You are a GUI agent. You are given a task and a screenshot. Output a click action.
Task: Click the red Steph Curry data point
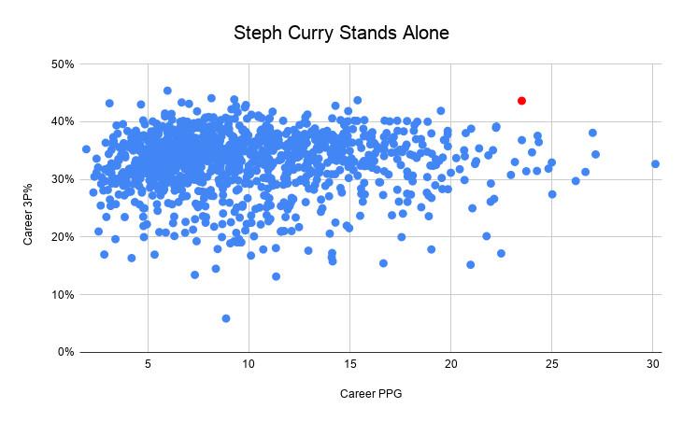coord(521,100)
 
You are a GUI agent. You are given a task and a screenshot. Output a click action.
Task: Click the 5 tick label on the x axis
coord(148,364)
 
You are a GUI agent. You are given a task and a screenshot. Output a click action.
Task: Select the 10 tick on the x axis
coord(249,364)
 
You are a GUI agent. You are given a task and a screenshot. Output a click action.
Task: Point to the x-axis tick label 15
coord(349,364)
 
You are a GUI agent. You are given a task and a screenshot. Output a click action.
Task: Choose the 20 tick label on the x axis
coord(451,364)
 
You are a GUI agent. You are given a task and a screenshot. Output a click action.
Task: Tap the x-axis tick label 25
coord(552,364)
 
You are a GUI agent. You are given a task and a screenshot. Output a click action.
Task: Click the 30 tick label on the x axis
coord(653,364)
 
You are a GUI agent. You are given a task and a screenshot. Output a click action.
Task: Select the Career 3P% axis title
coord(27,207)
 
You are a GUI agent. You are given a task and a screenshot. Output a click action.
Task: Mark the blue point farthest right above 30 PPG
coord(655,163)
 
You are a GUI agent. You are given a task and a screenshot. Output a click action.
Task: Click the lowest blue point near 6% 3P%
coord(226,318)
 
